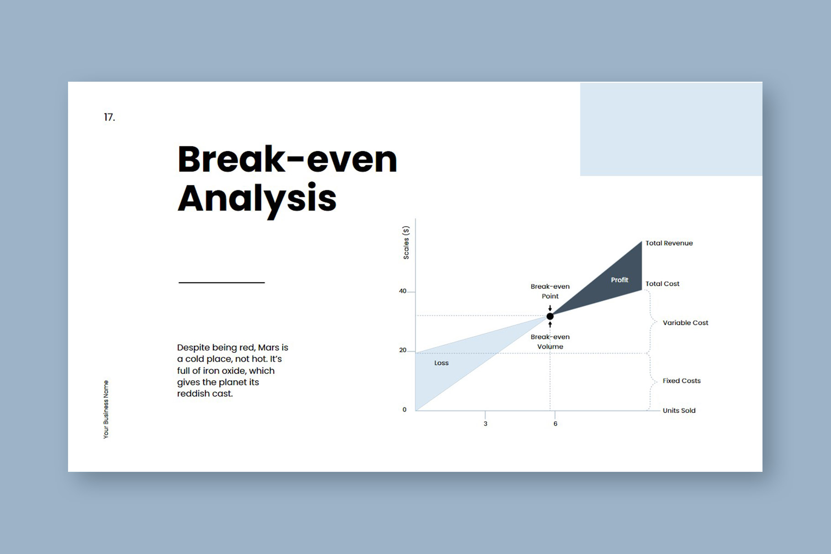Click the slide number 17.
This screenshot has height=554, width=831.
(x=109, y=117)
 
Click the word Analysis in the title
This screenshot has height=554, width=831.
(x=257, y=199)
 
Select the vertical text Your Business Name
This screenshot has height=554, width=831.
(x=106, y=409)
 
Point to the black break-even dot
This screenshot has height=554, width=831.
(x=550, y=316)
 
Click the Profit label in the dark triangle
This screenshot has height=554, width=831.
(x=620, y=280)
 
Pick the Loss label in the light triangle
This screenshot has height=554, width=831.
(x=441, y=363)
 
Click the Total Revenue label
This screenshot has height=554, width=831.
(x=669, y=243)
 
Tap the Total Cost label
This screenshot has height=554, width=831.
(x=662, y=284)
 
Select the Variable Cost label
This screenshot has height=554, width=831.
(x=685, y=323)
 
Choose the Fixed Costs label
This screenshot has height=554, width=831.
(x=681, y=381)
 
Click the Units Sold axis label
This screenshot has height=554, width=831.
(x=679, y=410)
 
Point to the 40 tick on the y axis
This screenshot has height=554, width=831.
(x=403, y=291)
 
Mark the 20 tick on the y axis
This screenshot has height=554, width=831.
(x=403, y=350)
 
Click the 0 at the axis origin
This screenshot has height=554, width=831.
(x=405, y=410)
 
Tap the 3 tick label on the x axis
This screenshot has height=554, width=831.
(x=485, y=423)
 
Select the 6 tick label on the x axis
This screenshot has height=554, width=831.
(x=555, y=423)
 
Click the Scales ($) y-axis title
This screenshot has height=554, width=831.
(x=406, y=243)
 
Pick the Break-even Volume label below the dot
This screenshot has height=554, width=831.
(x=550, y=342)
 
